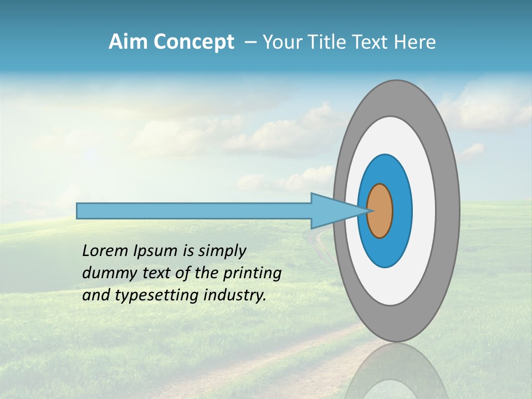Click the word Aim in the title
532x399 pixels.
(129, 42)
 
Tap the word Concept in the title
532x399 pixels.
(192, 42)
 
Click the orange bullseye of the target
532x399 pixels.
(380, 211)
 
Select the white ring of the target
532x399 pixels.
(424, 211)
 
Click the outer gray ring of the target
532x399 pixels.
(449, 211)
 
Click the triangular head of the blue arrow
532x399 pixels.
(332, 211)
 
